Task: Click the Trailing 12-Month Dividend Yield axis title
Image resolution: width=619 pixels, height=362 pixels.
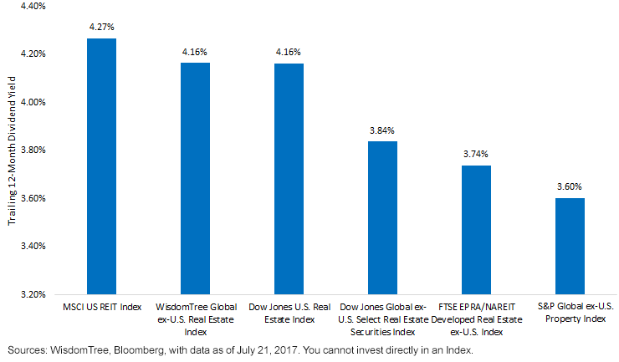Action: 12,150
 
